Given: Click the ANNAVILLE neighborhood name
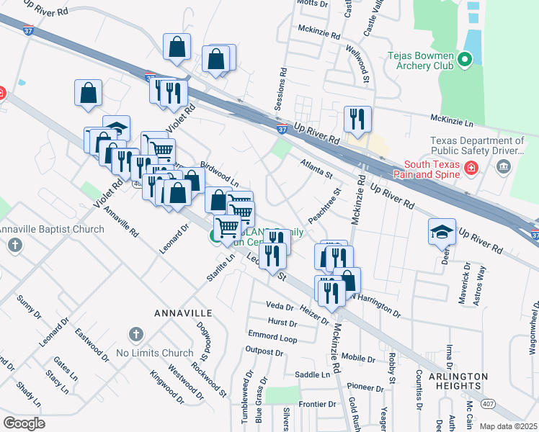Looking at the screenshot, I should coord(182,313).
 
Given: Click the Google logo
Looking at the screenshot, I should coord(24,423).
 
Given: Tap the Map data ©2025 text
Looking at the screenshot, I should coord(507,426).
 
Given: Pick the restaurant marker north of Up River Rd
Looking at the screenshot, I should coord(357,118).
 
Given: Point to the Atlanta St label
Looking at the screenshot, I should coord(316,170).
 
